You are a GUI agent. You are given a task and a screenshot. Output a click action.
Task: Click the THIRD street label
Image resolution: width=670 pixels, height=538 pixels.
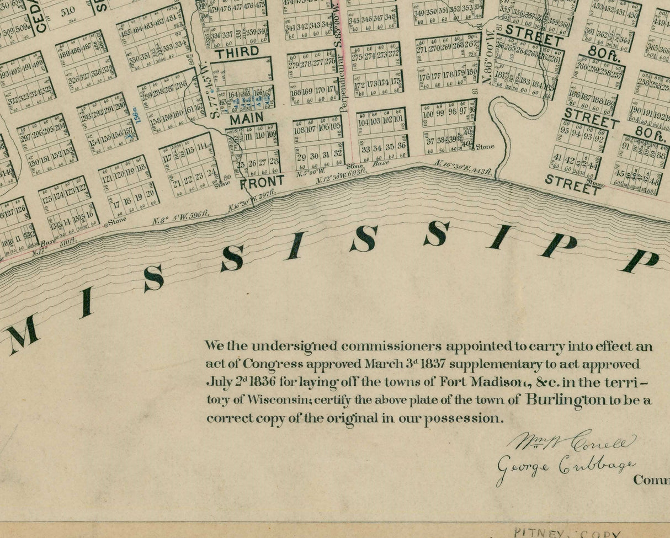(237, 53)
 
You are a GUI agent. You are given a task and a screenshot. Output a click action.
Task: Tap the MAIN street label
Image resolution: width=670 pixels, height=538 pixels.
(247, 119)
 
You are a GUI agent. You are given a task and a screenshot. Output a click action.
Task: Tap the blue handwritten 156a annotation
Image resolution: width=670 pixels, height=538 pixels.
(137, 115)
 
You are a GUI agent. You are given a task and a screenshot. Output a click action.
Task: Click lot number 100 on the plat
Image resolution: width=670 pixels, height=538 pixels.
(427, 114)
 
